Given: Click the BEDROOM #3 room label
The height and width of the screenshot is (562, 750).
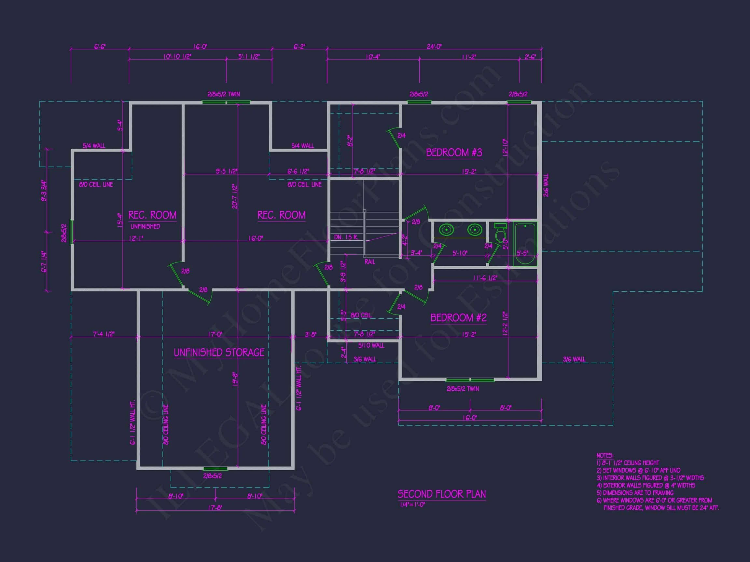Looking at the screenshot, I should [454, 153].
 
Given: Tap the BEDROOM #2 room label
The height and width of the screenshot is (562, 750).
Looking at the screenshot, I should [458, 318].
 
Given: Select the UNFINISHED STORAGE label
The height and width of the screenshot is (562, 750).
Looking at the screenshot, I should [219, 353].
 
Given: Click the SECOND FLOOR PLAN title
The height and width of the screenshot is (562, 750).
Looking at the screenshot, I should [441, 494].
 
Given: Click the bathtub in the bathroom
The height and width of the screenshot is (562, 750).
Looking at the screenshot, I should [525, 244].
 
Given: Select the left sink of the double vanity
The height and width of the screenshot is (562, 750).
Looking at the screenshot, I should [447, 230].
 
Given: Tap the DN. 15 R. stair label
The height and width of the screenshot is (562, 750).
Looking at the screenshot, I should [346, 237].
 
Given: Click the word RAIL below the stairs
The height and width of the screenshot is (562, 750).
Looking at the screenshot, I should [369, 262].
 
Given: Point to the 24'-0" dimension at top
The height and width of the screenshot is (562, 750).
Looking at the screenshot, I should [434, 47].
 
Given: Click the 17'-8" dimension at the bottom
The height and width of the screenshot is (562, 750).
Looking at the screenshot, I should [215, 507].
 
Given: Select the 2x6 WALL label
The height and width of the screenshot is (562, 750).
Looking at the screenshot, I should [546, 185].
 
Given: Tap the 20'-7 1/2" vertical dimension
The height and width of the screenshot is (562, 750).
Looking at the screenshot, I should [235, 196].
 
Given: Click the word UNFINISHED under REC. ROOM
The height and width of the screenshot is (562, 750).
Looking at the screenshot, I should [145, 226].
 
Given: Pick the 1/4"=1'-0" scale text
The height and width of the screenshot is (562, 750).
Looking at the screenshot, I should [412, 504].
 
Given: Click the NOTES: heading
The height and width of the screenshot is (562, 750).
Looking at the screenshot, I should [605, 456].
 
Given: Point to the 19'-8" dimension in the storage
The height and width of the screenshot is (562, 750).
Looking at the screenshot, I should [235, 380].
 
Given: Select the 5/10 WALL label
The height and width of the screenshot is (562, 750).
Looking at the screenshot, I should [371, 345].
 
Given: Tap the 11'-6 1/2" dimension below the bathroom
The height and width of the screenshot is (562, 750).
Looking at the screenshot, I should [485, 278].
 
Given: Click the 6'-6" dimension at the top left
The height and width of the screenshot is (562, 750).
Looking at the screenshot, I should [100, 47].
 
